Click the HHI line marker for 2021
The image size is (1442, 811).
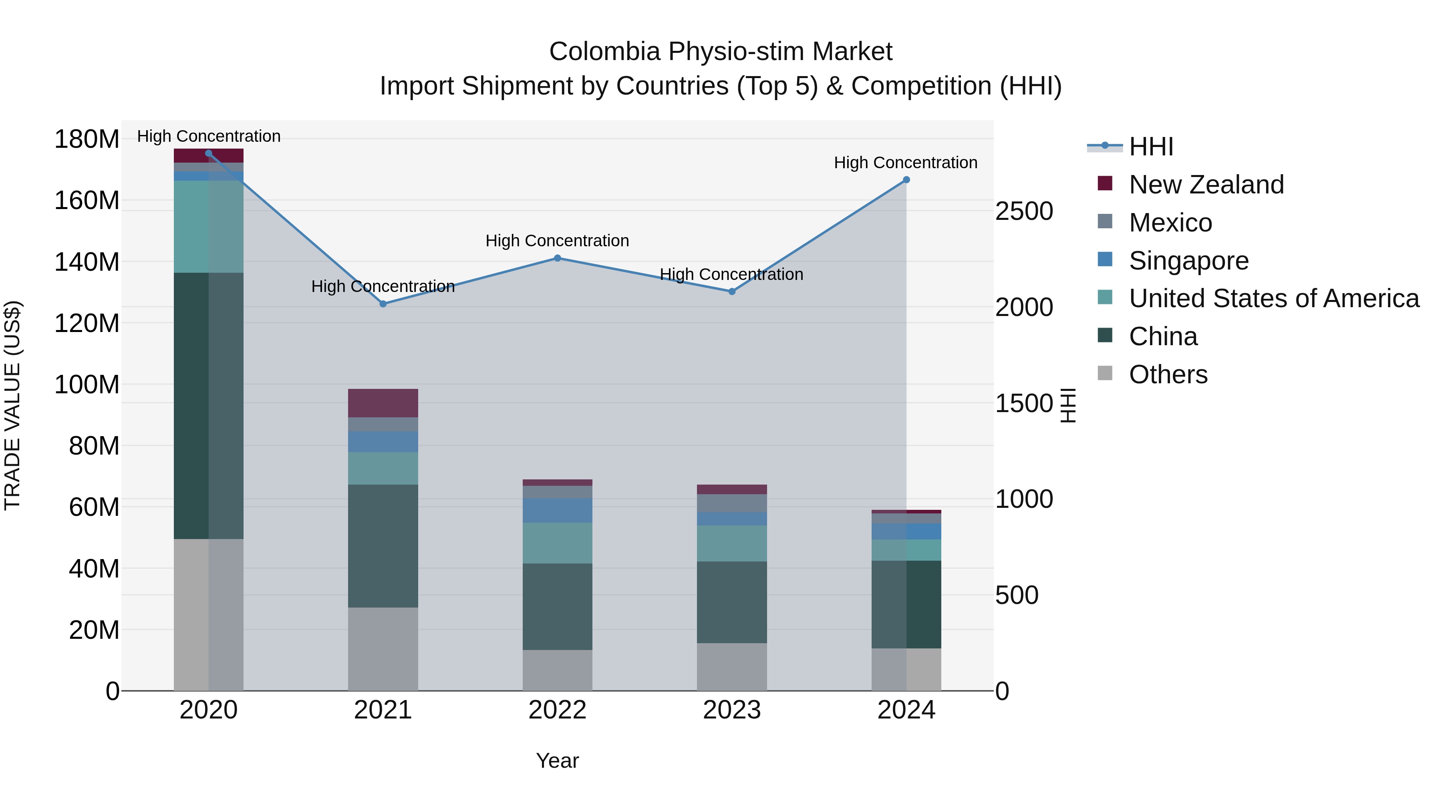click(383, 304)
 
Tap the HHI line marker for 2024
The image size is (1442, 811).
click(906, 180)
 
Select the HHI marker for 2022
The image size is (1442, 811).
click(558, 258)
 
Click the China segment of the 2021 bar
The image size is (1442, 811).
click(383, 546)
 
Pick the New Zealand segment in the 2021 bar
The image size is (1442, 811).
click(383, 403)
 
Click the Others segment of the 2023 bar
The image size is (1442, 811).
click(732, 666)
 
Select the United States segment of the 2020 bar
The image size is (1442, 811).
click(208, 226)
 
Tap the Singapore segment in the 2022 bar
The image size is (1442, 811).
click(558, 510)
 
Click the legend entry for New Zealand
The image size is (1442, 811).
click(1206, 185)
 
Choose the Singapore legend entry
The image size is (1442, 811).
click(1188, 261)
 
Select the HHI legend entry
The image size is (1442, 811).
click(1151, 147)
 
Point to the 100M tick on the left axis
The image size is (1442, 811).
click(87, 384)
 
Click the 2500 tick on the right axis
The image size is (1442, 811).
click(1024, 211)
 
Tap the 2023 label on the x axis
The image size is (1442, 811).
click(732, 710)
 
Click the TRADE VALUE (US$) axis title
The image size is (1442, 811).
click(12, 405)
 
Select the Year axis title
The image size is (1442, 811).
click(557, 761)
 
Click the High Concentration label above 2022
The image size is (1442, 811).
click(557, 241)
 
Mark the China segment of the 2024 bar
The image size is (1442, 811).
click(906, 604)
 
